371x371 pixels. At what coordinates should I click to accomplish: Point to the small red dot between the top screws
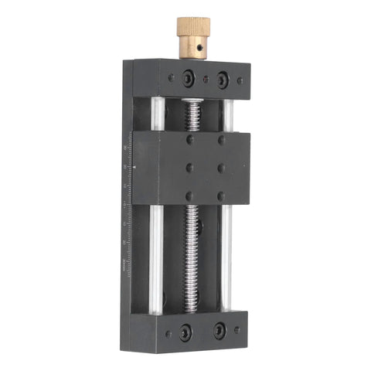(206, 79)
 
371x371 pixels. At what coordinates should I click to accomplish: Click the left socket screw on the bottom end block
(185, 333)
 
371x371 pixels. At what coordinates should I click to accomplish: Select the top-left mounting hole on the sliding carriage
(190, 141)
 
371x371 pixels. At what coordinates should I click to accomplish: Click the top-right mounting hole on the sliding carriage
(221, 141)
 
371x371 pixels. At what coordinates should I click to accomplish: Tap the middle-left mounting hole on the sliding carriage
(189, 168)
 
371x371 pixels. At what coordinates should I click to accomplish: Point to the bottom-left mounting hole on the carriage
(189, 195)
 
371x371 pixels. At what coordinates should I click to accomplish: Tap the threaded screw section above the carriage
(194, 115)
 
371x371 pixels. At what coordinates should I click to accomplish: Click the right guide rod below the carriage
(226, 255)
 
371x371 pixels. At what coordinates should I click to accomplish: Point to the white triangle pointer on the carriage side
(134, 165)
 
